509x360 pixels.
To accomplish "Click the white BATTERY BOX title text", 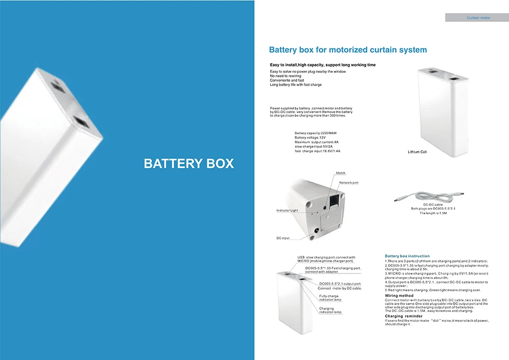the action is [x=189, y=163].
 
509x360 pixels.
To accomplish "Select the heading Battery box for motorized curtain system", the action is [x=348, y=50].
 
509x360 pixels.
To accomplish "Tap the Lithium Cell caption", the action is [x=417, y=152].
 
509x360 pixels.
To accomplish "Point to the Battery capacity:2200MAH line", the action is [x=316, y=133].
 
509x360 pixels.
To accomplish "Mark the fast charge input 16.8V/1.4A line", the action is [x=318, y=151].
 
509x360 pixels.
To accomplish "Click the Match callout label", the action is [x=341, y=173].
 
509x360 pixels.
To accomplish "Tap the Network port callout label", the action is [x=349, y=183].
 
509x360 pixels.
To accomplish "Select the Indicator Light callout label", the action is [x=287, y=210].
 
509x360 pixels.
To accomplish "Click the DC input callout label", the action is [x=282, y=238].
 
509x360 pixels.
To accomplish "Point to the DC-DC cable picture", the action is [x=429, y=197].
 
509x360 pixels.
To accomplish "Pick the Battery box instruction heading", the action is [x=407, y=256].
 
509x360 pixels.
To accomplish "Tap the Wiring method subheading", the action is [x=399, y=296].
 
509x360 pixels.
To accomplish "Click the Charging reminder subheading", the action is [x=404, y=316].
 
